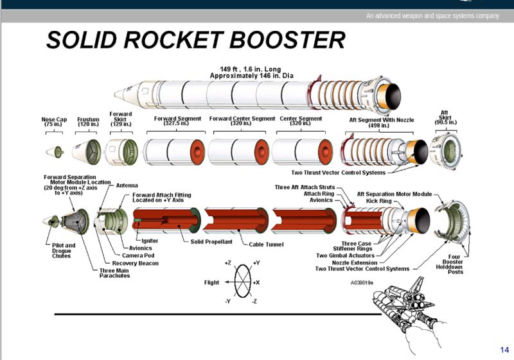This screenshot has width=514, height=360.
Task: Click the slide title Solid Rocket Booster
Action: [x=195, y=40]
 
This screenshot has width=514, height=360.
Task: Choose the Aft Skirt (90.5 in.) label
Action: [x=445, y=117]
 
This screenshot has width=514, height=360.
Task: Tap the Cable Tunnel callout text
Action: [x=268, y=244]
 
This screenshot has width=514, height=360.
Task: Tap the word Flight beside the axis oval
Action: [x=212, y=282]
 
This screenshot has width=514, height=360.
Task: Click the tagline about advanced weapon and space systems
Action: [x=432, y=15]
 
